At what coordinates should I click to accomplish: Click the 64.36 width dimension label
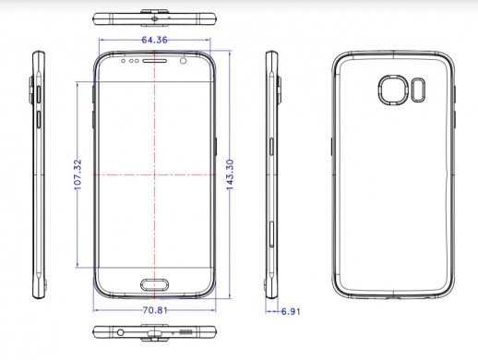pyautogui.click(x=154, y=40)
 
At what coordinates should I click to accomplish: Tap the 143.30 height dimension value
pyautogui.click(x=230, y=174)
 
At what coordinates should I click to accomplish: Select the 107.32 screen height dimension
pyautogui.click(x=78, y=174)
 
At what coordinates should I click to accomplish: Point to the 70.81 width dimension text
pyautogui.click(x=155, y=310)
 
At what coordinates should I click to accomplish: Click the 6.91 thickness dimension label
pyautogui.click(x=291, y=312)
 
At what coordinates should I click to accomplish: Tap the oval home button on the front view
pyautogui.click(x=155, y=285)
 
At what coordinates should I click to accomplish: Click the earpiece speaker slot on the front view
pyautogui.click(x=155, y=61)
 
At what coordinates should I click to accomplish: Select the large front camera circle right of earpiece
pyautogui.click(x=183, y=61)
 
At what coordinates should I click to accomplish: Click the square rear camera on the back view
pyautogui.click(x=393, y=90)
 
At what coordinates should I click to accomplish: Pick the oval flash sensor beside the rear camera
pyautogui.click(x=418, y=90)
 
